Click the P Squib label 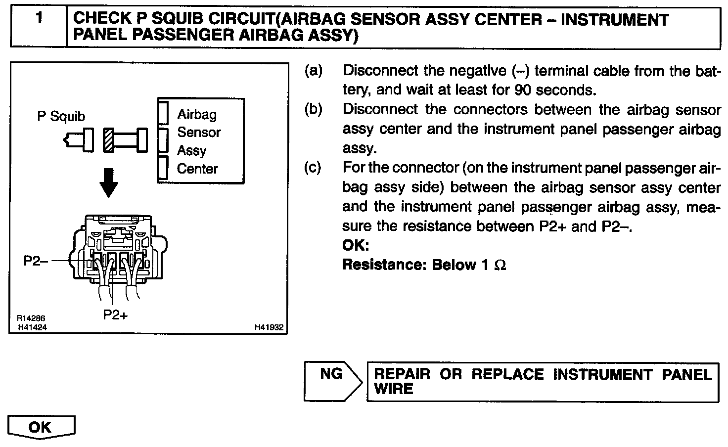[x=61, y=117]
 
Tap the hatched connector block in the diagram [x=109, y=140]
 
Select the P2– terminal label [x=36, y=261]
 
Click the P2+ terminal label [x=115, y=314]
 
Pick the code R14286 [x=31, y=319]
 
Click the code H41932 [x=269, y=327]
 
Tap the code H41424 [x=32, y=327]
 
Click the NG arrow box [x=331, y=381]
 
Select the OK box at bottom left [x=41, y=427]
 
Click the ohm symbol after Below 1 [x=500, y=266]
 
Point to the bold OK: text [x=356, y=245]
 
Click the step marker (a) [x=313, y=71]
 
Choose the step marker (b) [x=313, y=109]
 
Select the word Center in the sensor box [x=197, y=169]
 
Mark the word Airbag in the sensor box [x=197, y=115]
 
